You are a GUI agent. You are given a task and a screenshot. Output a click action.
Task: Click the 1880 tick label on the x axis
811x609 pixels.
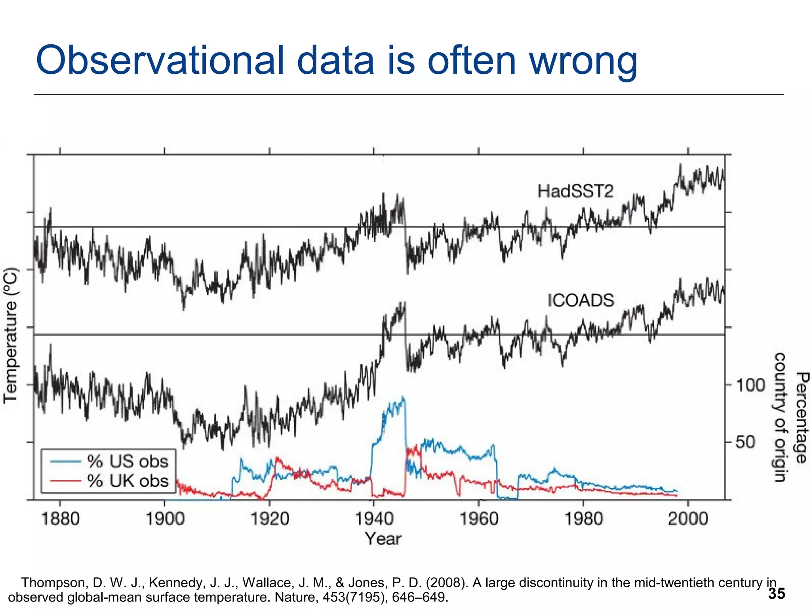(x=60, y=519)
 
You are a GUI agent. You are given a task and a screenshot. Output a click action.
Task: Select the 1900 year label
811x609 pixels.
(x=165, y=519)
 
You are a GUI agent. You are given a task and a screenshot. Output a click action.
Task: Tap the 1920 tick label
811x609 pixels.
(x=270, y=519)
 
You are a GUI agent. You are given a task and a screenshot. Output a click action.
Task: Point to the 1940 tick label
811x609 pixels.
(x=374, y=519)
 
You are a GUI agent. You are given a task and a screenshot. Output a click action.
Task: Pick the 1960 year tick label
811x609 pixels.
(x=479, y=519)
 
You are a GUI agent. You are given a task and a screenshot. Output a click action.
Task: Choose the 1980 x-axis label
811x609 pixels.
(x=583, y=519)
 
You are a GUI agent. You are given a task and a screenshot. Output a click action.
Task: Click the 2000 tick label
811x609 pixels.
(x=688, y=519)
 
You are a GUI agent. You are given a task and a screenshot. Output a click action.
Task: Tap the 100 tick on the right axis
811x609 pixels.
(x=750, y=385)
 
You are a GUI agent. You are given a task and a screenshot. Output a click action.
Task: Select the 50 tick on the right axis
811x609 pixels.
(x=745, y=442)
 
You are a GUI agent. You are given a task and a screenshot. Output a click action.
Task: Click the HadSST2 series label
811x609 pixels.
(x=575, y=192)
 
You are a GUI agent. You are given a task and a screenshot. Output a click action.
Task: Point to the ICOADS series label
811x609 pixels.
(x=581, y=301)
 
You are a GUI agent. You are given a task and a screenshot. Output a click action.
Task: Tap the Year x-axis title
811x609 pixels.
(x=383, y=539)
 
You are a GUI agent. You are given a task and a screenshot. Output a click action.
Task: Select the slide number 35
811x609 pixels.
(x=776, y=594)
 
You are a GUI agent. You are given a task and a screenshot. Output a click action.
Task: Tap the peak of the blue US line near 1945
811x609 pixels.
(x=403, y=397)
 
